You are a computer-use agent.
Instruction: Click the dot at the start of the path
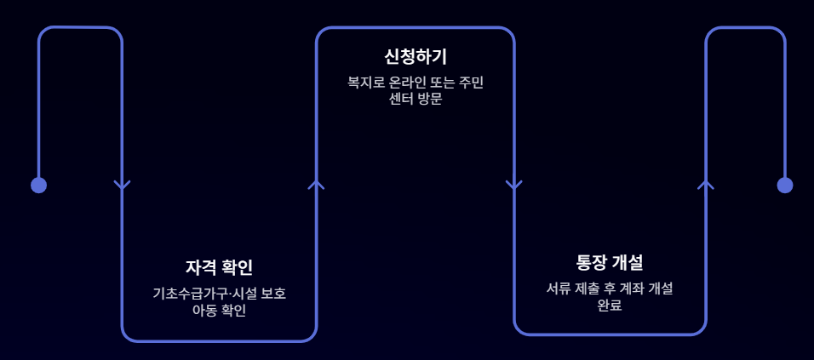(38, 185)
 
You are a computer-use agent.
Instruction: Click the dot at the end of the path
(784, 185)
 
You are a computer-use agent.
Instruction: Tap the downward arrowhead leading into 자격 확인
(122, 185)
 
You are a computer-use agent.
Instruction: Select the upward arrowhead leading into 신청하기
(316, 183)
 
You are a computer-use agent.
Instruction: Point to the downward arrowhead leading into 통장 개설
(513, 185)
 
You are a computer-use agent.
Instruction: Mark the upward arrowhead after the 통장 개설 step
(705, 183)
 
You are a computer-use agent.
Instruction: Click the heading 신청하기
(415, 57)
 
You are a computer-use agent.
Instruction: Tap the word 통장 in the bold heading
(592, 262)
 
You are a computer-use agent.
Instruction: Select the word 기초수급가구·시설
(202, 294)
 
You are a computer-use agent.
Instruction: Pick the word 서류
(559, 289)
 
